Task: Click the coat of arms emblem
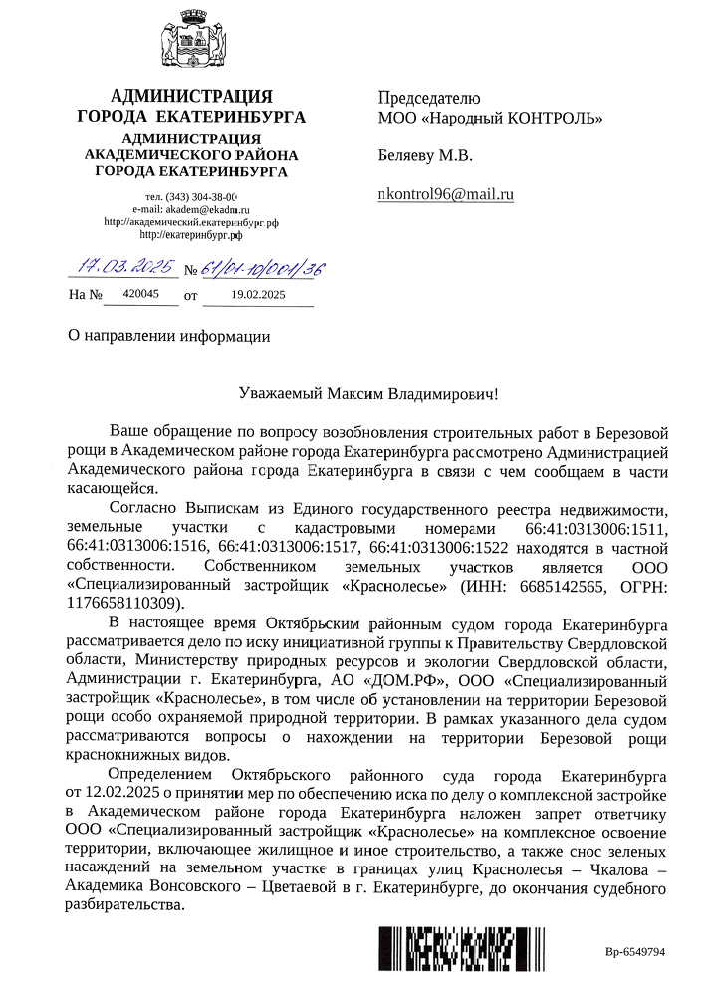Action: pyautogui.click(x=191, y=44)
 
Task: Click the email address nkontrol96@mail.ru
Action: pyautogui.click(x=445, y=194)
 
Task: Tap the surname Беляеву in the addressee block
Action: pyautogui.click(x=410, y=156)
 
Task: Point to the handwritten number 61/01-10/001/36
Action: pyautogui.click(x=262, y=268)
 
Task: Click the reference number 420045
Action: pyautogui.click(x=140, y=294)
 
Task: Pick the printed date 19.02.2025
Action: pyautogui.click(x=257, y=294)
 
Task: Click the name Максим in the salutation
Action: pyautogui.click(x=357, y=394)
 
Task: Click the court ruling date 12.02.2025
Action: pyautogui.click(x=124, y=792)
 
